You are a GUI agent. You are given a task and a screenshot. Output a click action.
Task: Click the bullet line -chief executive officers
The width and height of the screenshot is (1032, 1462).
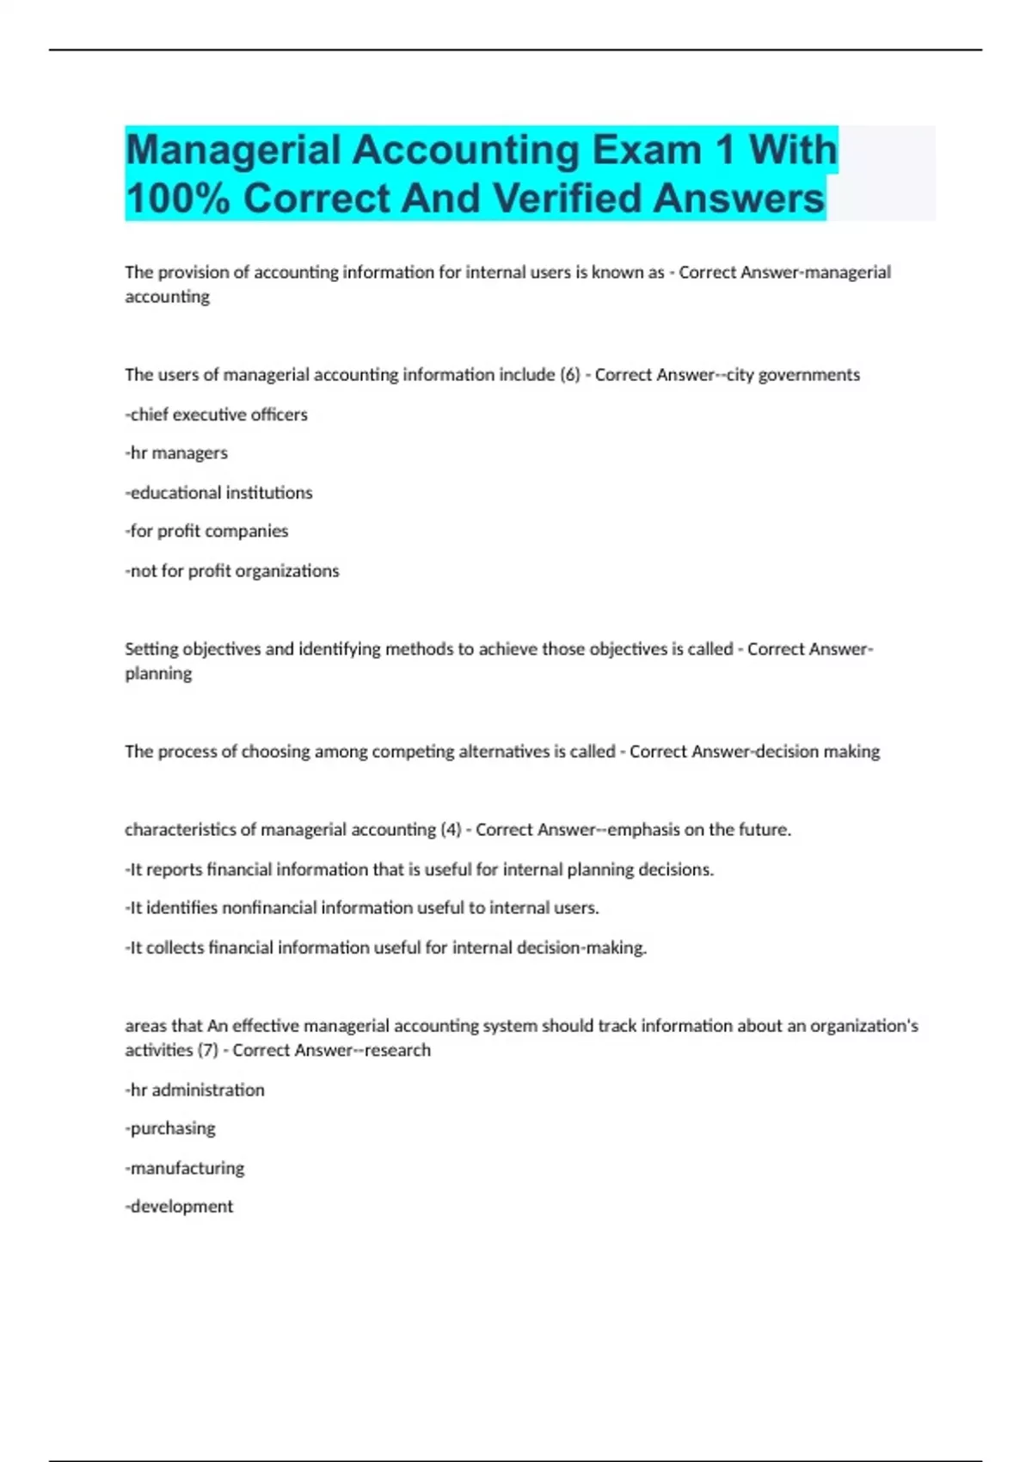[x=216, y=415]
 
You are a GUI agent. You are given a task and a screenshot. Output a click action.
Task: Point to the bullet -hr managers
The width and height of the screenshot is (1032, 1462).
[x=176, y=453]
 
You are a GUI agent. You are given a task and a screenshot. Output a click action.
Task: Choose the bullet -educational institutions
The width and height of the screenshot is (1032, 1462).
[x=218, y=493]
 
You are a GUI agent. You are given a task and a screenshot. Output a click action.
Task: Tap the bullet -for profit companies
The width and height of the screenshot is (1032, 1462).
[x=206, y=531]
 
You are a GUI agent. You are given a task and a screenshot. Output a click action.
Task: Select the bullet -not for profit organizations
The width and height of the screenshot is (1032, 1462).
[x=232, y=571]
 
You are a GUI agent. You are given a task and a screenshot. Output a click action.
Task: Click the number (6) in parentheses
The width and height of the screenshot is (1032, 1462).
[x=570, y=375]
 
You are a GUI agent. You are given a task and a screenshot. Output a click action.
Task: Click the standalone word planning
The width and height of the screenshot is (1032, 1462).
[x=158, y=673]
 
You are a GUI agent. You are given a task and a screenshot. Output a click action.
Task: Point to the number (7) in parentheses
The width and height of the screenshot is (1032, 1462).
[x=208, y=1050]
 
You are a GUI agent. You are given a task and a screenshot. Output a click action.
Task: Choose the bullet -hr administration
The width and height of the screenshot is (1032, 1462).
[x=195, y=1090]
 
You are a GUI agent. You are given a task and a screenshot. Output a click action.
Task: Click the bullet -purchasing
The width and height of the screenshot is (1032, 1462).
[x=170, y=1128]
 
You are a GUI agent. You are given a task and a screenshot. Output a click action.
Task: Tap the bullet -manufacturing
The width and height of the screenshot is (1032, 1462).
[x=185, y=1168]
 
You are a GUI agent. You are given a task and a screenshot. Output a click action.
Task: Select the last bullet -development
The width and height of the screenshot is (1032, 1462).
[x=179, y=1207]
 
